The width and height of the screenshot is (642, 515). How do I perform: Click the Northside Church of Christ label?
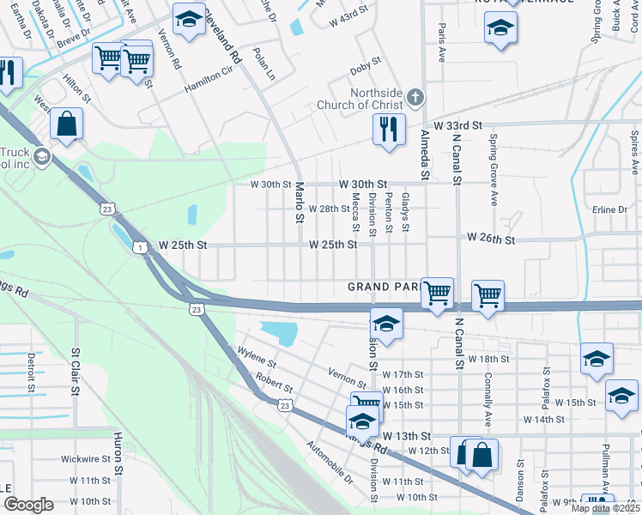pyautogui.click(x=370, y=99)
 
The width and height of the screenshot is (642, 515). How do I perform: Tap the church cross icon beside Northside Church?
pyautogui.click(x=415, y=96)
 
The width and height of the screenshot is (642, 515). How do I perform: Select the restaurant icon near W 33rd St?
pyautogui.click(x=389, y=130)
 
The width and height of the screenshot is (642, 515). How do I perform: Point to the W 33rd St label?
pyautogui.click(x=458, y=125)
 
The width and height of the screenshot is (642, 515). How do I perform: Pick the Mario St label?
pyautogui.click(x=300, y=203)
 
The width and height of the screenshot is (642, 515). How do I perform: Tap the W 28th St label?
pyautogui.click(x=330, y=209)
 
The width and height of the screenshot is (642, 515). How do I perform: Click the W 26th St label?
pyautogui.click(x=491, y=238)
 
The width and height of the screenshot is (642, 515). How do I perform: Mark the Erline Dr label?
pyautogui.click(x=610, y=209)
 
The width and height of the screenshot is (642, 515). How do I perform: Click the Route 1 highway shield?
pyautogui.click(x=138, y=247)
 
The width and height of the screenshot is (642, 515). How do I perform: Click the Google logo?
pyautogui.click(x=28, y=505)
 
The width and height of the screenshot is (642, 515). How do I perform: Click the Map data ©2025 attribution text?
pyautogui.click(x=604, y=508)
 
